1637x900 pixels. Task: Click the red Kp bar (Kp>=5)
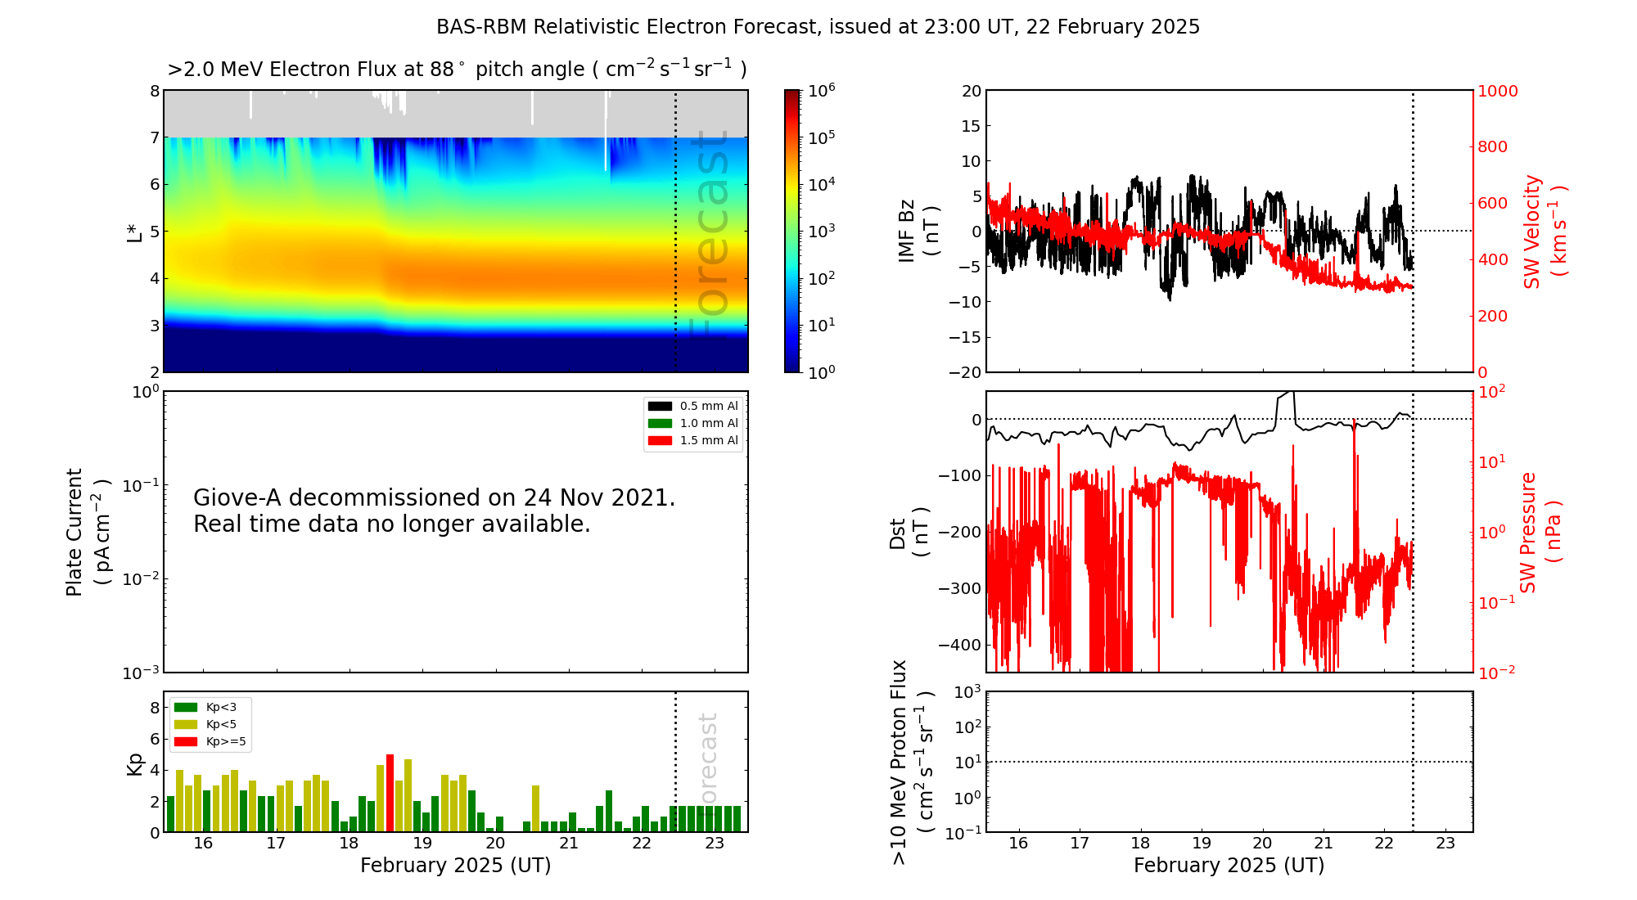[390, 793]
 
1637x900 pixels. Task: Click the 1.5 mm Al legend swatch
[660, 440]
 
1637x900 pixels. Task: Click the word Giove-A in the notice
[237, 497]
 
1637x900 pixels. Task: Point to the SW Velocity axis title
[1544, 232]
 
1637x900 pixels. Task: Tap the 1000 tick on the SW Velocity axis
[1497, 91]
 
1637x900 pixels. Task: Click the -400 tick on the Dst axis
[958, 645]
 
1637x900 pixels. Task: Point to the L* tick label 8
[154, 91]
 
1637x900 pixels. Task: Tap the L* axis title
[135, 232]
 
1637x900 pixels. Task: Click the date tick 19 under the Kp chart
[422, 844]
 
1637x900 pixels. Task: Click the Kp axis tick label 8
[154, 708]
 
